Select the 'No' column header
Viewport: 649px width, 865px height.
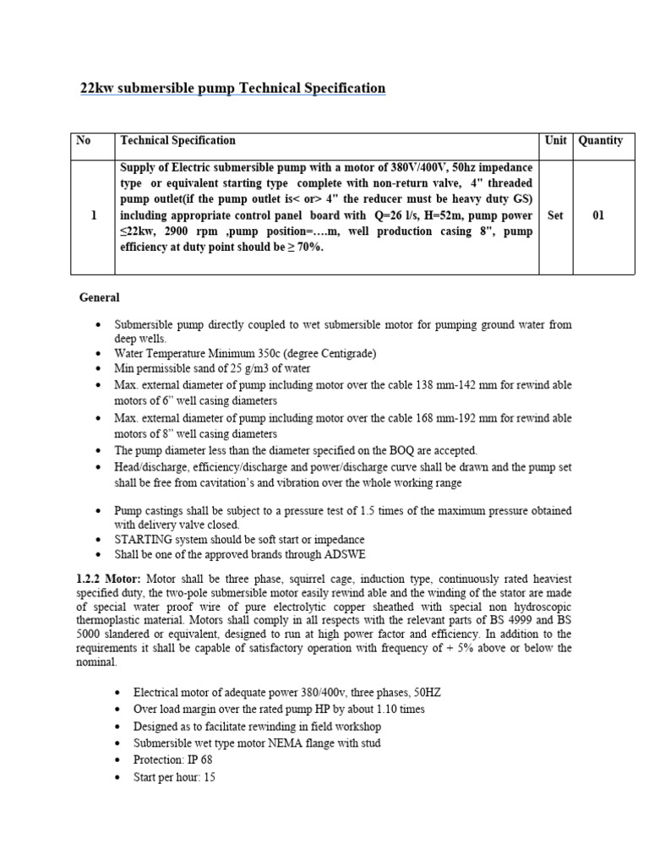click(83, 140)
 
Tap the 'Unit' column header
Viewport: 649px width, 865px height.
click(555, 140)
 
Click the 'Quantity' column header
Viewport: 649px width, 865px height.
click(601, 140)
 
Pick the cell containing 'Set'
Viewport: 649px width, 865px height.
click(555, 215)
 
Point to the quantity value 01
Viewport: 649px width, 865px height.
click(598, 215)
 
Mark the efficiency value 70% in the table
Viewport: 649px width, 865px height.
click(306, 248)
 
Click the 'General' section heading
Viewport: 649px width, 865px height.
click(100, 297)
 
